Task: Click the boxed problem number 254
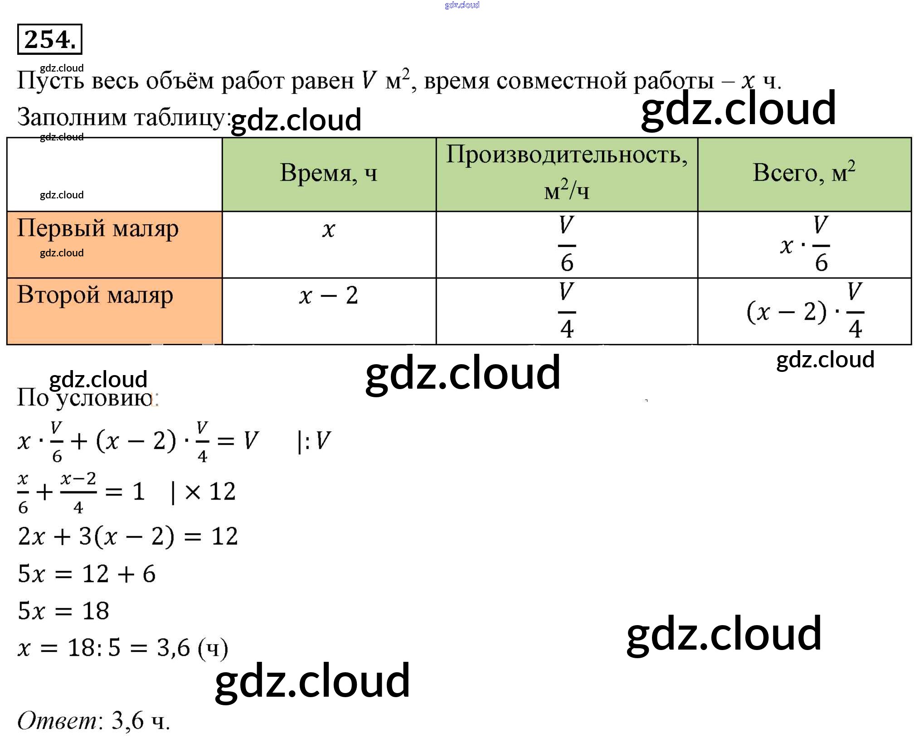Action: (x=49, y=39)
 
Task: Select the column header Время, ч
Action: (x=329, y=173)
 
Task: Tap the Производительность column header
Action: (x=567, y=155)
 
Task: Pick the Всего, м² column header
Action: (x=804, y=173)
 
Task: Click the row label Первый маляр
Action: (x=98, y=229)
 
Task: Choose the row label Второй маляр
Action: (x=95, y=295)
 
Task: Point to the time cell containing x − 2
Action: (x=329, y=296)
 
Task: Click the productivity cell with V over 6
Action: (x=567, y=244)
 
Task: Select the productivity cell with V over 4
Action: (x=567, y=311)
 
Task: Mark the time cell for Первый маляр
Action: (x=329, y=230)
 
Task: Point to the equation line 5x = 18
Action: (x=63, y=611)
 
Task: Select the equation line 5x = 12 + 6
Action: (x=87, y=574)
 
